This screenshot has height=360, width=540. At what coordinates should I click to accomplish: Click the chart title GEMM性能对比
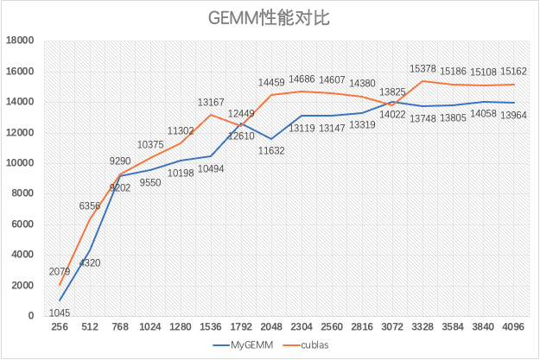[270, 18]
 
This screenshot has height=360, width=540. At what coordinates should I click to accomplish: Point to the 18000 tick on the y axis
[20, 41]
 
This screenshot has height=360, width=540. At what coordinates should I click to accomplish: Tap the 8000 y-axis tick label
[22, 193]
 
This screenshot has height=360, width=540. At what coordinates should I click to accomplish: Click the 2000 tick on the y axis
[22, 286]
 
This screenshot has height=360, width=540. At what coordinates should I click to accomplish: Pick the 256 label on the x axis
[60, 328]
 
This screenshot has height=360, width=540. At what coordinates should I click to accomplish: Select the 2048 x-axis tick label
[271, 328]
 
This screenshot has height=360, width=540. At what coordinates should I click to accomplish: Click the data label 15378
[423, 68]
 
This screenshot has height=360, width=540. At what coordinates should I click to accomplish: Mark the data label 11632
[273, 151]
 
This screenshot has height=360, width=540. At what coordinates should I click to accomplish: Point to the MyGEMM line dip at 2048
[271, 138]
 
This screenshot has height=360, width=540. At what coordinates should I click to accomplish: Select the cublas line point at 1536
[211, 115]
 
